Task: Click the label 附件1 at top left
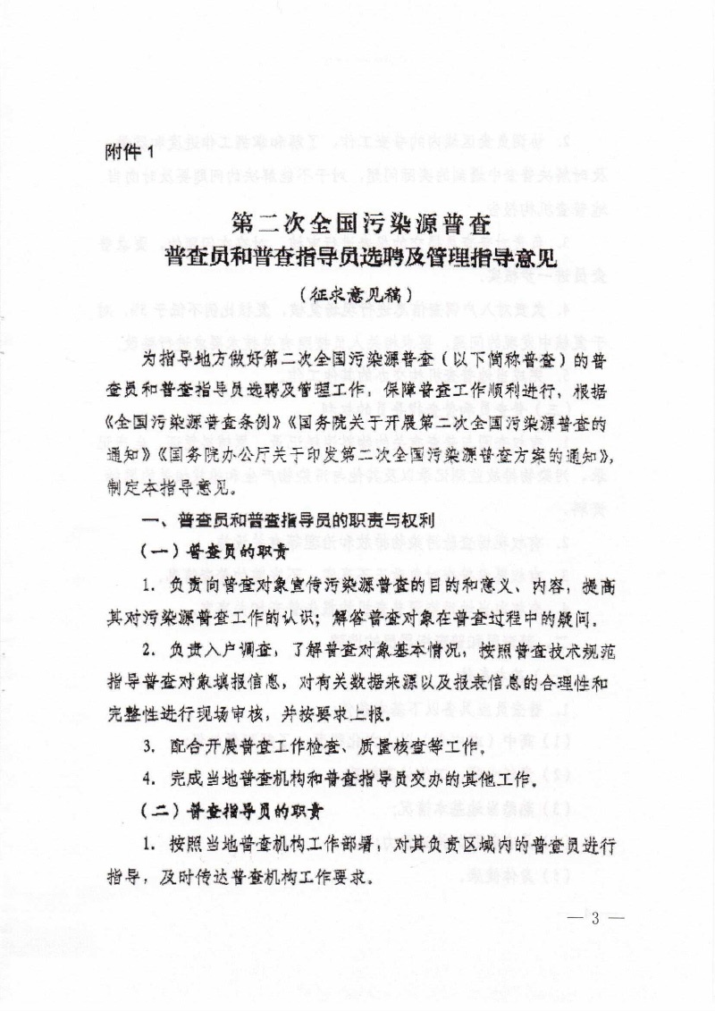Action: pyautogui.click(x=129, y=151)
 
